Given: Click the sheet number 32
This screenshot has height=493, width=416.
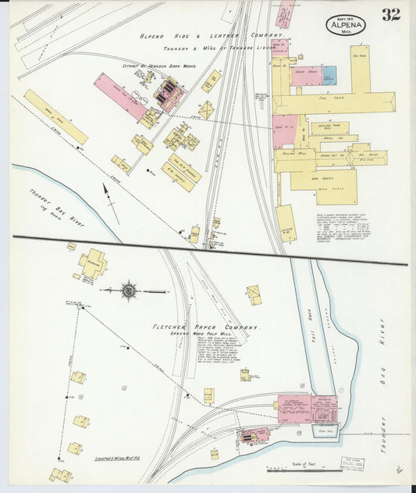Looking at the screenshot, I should pos(391,15).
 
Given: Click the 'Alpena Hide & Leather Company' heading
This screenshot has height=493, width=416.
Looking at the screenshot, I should pos(210,36).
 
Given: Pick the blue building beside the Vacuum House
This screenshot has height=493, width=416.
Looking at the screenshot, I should pos(330,76).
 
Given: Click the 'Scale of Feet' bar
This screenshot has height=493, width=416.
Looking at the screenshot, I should pos(299,469).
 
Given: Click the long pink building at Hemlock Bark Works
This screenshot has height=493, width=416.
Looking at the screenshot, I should pos(119,96).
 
